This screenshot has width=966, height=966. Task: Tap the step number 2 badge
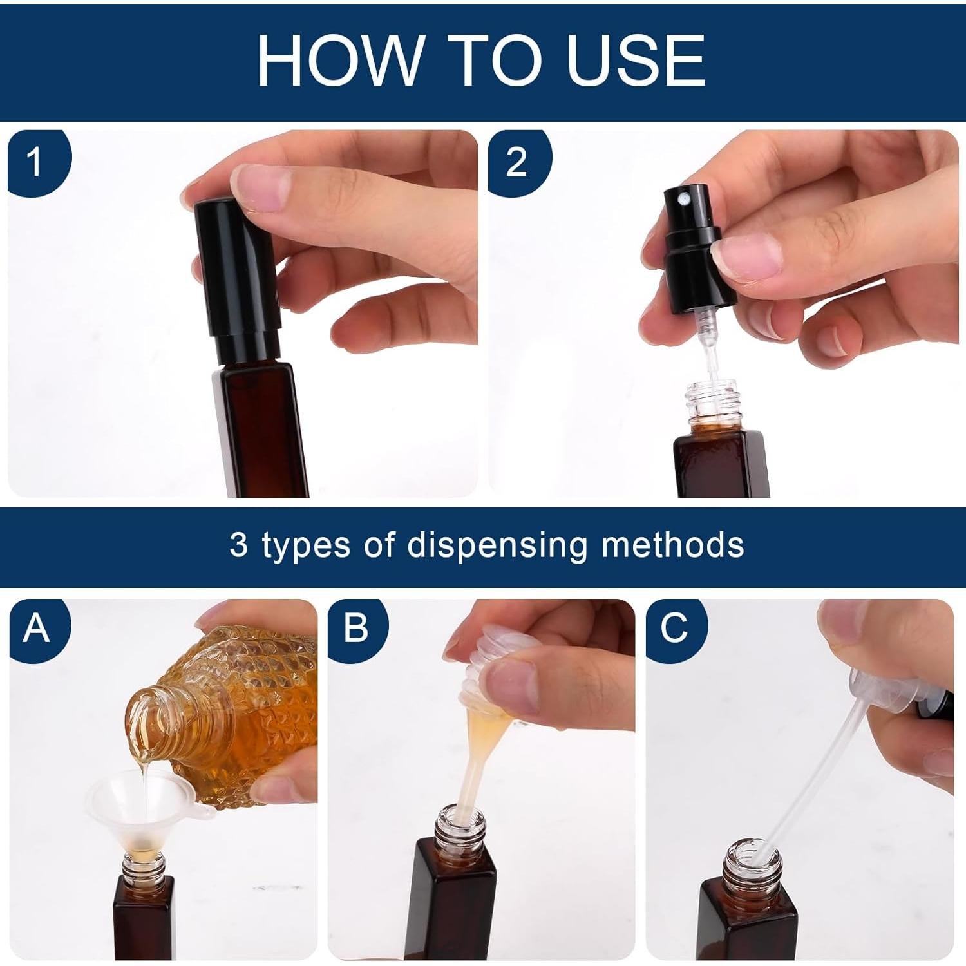tap(518, 162)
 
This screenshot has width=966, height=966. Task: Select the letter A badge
tap(37, 628)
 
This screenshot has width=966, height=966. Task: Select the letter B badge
tap(355, 628)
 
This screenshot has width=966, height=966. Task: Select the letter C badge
tap(674, 628)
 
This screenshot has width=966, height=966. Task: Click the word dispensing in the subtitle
tap(497, 546)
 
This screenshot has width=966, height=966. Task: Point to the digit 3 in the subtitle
tap(238, 545)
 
